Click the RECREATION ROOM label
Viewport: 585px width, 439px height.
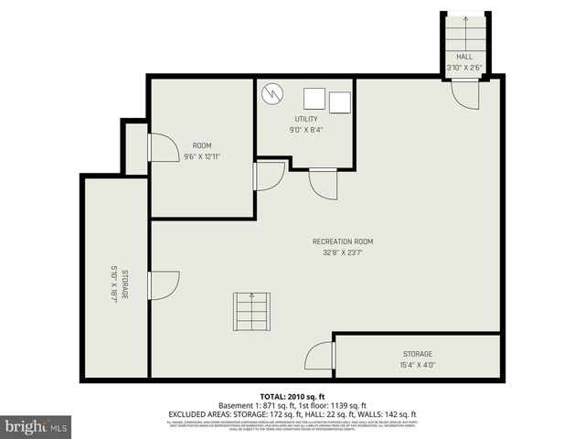[x=342, y=241]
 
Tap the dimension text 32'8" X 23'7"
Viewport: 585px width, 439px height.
[x=342, y=252]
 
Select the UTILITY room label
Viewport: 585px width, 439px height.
[x=305, y=120]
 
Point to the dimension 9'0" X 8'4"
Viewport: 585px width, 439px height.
[x=305, y=130]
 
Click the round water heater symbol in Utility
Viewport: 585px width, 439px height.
[x=272, y=93]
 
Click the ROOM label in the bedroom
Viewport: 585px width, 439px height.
[x=202, y=146]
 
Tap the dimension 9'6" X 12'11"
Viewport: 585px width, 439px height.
[x=202, y=156]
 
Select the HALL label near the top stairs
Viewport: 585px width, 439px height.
[x=464, y=57]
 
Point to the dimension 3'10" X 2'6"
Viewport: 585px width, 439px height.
[x=464, y=68]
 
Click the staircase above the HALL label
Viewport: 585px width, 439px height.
[x=464, y=31]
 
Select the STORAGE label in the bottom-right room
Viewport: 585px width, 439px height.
[x=417, y=354]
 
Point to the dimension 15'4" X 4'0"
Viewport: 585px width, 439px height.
[x=417, y=364]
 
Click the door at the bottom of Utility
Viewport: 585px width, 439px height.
[x=323, y=183]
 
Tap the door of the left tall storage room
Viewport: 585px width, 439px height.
[x=163, y=285]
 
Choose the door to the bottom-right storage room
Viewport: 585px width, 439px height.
[x=320, y=355]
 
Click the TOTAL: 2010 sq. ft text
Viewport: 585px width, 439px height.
[x=292, y=397]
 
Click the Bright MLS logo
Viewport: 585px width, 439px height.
[x=37, y=426]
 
